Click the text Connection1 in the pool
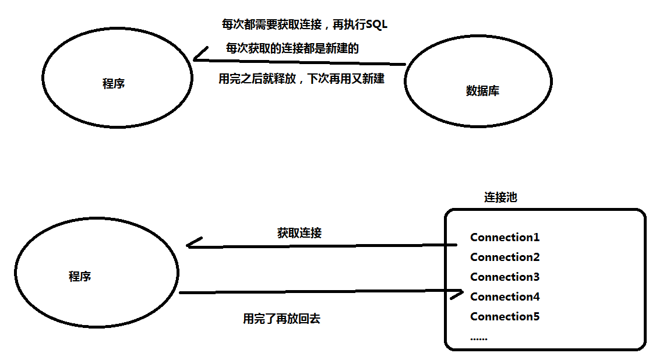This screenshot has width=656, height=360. (505, 237)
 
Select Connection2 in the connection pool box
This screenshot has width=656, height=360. (505, 257)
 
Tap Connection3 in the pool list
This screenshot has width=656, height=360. (505, 277)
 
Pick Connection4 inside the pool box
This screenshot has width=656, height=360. (505, 297)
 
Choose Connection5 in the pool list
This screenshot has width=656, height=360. (505, 316)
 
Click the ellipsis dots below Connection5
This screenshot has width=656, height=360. (478, 338)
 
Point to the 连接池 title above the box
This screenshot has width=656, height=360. (500, 197)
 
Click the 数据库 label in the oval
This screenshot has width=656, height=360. (482, 91)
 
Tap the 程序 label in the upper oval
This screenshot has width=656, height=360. (114, 83)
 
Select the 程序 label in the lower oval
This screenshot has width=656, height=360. (80, 276)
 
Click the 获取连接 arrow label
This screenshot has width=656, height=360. (299, 233)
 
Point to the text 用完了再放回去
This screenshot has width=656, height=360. (281, 319)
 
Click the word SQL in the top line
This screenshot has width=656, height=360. (376, 24)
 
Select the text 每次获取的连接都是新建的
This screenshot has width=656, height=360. (292, 49)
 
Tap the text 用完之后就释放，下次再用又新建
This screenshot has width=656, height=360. (301, 79)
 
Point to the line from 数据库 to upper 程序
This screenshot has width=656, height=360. (303, 62)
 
